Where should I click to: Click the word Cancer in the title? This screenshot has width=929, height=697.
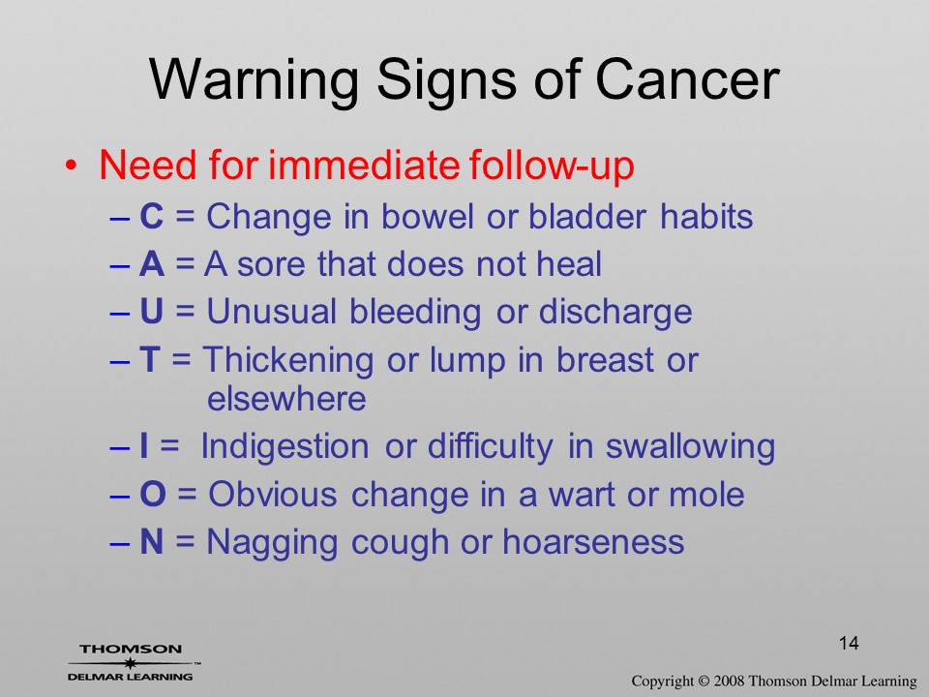(687, 79)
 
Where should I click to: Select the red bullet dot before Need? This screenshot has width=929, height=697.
(71, 165)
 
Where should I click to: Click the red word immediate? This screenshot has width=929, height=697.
(364, 165)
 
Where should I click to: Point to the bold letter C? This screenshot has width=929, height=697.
(151, 216)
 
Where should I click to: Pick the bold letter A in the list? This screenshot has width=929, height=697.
(152, 263)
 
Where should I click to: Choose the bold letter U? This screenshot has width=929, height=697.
(151, 311)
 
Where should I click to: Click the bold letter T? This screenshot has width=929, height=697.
(149, 359)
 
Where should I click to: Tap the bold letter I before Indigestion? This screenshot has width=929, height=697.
(143, 446)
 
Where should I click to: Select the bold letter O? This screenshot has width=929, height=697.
(153, 495)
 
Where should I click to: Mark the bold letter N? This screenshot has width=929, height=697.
(152, 542)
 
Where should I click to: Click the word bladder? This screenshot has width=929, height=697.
(587, 216)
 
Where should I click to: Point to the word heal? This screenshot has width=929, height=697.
(569, 263)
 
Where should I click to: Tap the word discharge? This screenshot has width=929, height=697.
(615, 313)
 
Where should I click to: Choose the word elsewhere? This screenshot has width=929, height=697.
(286, 398)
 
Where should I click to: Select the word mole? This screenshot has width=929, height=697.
(706, 495)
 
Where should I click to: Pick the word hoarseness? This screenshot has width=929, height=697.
(593, 542)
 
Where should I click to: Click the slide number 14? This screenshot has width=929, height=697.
(849, 643)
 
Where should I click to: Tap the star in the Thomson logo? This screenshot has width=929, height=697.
(130, 663)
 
